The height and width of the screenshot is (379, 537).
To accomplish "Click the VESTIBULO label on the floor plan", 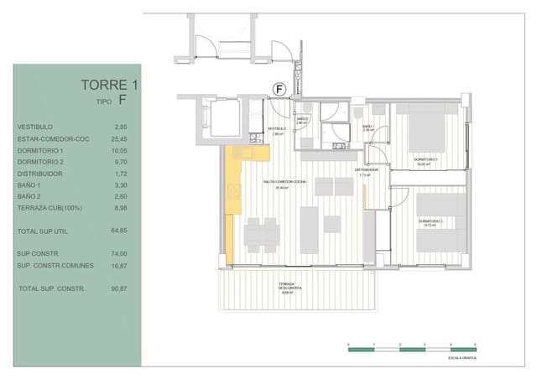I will [x=279, y=128].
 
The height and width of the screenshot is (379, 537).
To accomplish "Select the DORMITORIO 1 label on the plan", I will [x=427, y=158].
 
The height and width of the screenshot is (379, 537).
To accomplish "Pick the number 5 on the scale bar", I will [x=475, y=344].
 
